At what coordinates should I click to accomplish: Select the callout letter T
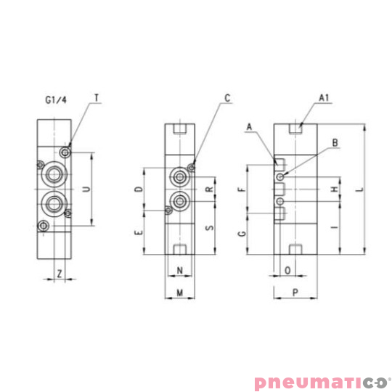click(97, 96)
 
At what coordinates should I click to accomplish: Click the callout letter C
click(227, 97)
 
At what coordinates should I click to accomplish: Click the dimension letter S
click(209, 227)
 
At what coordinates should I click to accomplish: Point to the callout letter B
click(334, 144)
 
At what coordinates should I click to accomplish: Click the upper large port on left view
click(53, 174)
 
